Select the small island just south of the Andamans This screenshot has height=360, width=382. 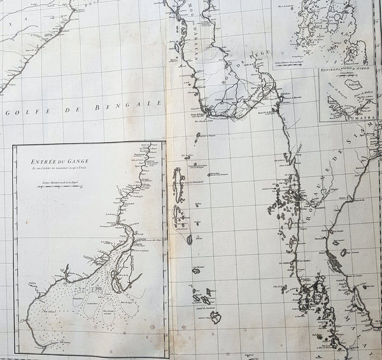(x=189, y=239)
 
